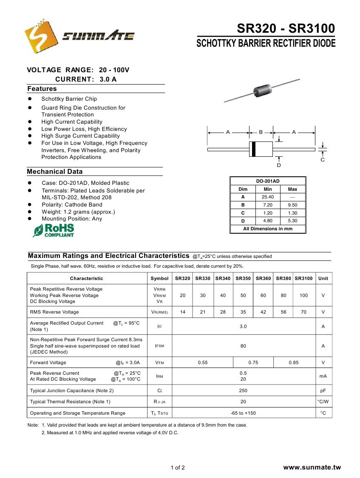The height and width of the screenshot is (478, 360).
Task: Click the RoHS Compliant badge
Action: (x=54, y=230)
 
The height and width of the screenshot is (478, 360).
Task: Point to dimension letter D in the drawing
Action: (x=279, y=165)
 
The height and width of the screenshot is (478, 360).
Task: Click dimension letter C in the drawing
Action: (x=323, y=160)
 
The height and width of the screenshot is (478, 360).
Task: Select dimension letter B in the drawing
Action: (x=261, y=133)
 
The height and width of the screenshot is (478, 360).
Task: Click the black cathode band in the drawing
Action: (x=254, y=149)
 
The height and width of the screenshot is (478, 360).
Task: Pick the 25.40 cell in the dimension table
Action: (x=268, y=197)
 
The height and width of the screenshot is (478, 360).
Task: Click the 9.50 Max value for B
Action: (x=292, y=205)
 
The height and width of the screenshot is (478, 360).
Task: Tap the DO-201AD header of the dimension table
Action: (x=268, y=181)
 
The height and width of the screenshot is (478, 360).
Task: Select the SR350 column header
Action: (x=243, y=278)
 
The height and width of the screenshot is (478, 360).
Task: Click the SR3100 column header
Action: (x=303, y=278)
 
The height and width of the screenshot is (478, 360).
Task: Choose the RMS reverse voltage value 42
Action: (x=264, y=312)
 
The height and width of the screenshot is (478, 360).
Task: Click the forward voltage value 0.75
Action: (x=253, y=362)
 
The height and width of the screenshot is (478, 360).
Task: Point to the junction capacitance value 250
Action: (x=243, y=390)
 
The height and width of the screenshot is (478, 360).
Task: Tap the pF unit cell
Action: (x=323, y=390)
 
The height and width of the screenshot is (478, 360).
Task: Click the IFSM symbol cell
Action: (x=159, y=346)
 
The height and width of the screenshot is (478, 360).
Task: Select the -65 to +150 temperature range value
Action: (x=243, y=413)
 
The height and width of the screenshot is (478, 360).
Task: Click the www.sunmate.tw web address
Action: (x=312, y=467)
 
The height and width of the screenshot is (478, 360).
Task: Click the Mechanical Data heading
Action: (x=55, y=172)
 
